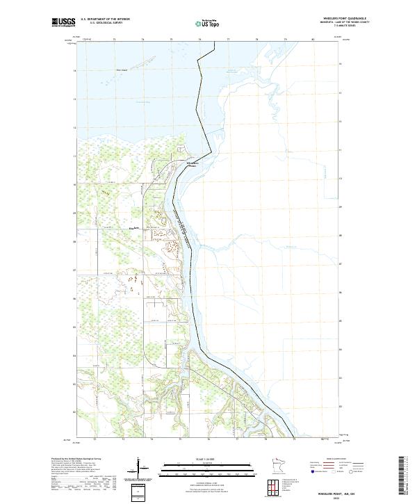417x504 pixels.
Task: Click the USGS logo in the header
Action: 64,22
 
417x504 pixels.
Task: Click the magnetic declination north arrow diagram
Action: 138,467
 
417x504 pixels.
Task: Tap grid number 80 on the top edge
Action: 313,40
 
